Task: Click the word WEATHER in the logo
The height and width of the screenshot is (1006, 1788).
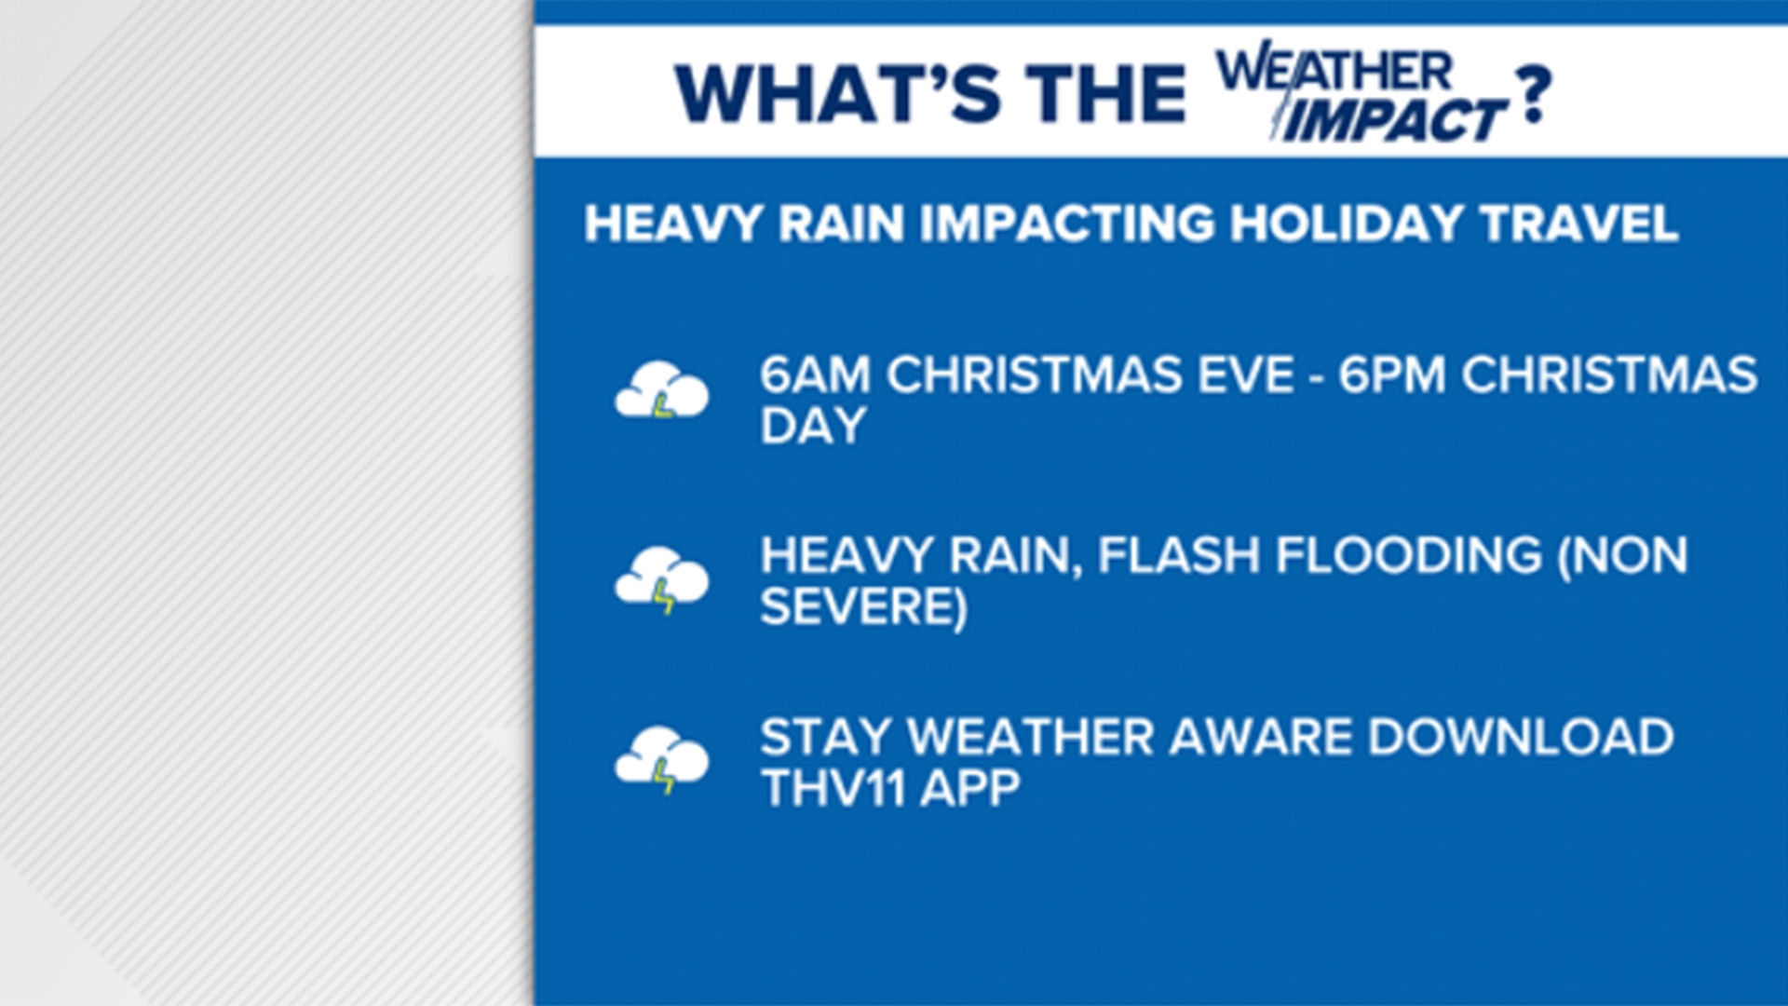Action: click(x=1334, y=71)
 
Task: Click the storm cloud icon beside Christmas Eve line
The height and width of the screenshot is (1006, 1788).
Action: click(x=661, y=390)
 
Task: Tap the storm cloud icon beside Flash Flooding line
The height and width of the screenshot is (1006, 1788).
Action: click(x=661, y=579)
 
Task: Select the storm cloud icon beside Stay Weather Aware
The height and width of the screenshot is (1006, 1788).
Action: click(x=661, y=759)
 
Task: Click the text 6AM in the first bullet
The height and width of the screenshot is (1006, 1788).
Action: click(x=815, y=375)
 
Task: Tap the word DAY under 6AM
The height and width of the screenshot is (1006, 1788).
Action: click(x=813, y=427)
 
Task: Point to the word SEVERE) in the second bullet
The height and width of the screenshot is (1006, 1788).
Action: click(x=863, y=607)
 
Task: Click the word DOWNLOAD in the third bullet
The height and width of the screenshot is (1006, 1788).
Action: click(x=1521, y=738)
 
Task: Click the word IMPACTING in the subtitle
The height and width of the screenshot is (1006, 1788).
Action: click(x=1067, y=224)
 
